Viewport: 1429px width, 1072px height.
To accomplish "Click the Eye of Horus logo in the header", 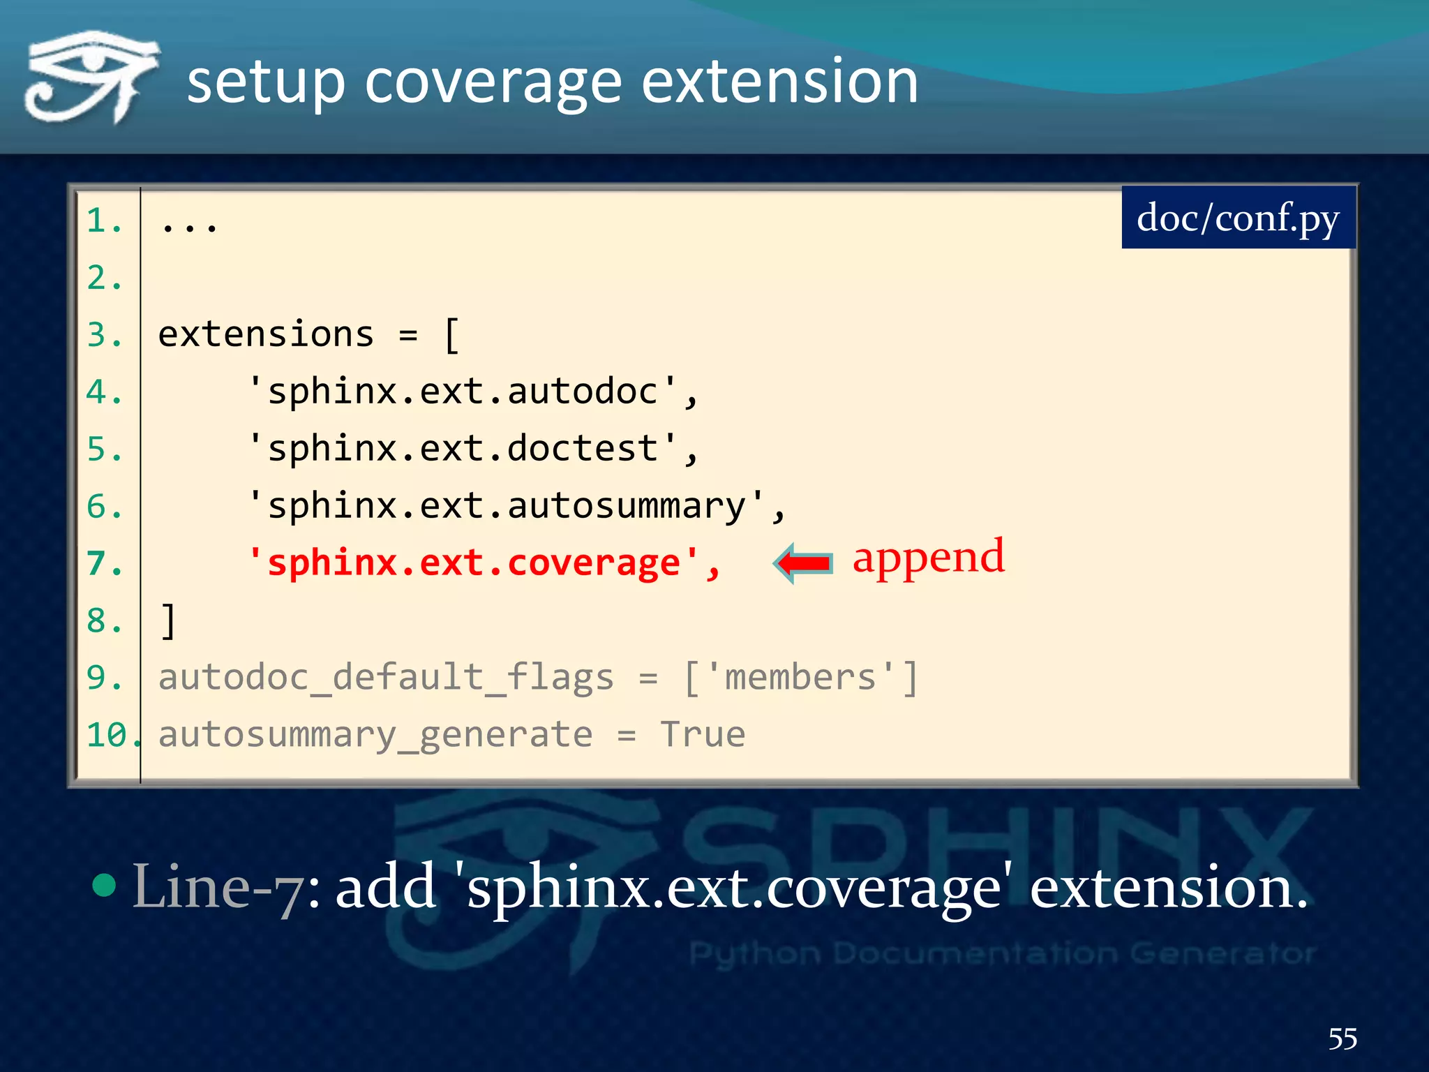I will coord(91,77).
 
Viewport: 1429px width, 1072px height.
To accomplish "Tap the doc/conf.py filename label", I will coord(1238,218).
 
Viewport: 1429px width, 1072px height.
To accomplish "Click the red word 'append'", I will coord(928,558).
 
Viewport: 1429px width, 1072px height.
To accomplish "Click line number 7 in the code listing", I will coord(103,563).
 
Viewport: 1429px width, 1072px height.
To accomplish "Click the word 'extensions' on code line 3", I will coord(266,334).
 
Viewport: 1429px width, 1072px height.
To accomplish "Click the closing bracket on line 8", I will coord(168,620).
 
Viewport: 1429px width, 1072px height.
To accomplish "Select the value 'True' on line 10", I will coord(703,735).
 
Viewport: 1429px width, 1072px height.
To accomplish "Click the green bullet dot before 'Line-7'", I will coord(104,885).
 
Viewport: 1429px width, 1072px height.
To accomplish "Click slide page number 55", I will coord(1342,1038).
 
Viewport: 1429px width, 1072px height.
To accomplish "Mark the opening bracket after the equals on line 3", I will coord(451,336).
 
